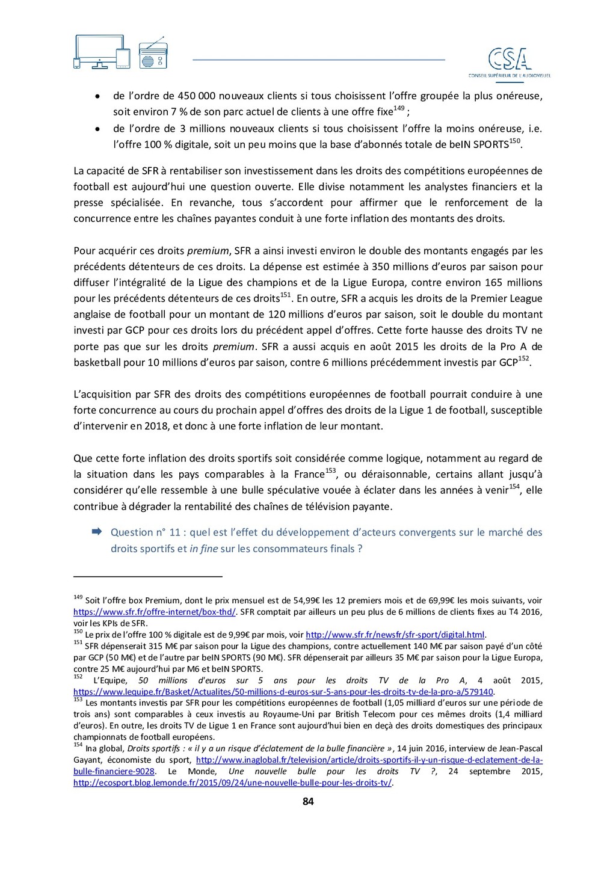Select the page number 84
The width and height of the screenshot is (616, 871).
(x=308, y=801)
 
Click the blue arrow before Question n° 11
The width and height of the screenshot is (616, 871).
(x=96, y=532)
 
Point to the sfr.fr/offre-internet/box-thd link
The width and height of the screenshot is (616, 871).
(x=155, y=612)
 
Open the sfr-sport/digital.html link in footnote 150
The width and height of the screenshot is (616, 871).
(x=395, y=635)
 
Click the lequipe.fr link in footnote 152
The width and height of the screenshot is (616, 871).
(x=283, y=692)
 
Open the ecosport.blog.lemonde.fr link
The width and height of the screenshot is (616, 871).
(x=232, y=783)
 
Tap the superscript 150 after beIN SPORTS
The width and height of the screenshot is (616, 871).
(x=515, y=141)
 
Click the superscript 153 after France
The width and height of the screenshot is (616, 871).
(x=330, y=470)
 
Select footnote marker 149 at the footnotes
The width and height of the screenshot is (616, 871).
(x=78, y=597)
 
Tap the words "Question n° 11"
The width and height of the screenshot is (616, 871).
(x=146, y=532)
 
